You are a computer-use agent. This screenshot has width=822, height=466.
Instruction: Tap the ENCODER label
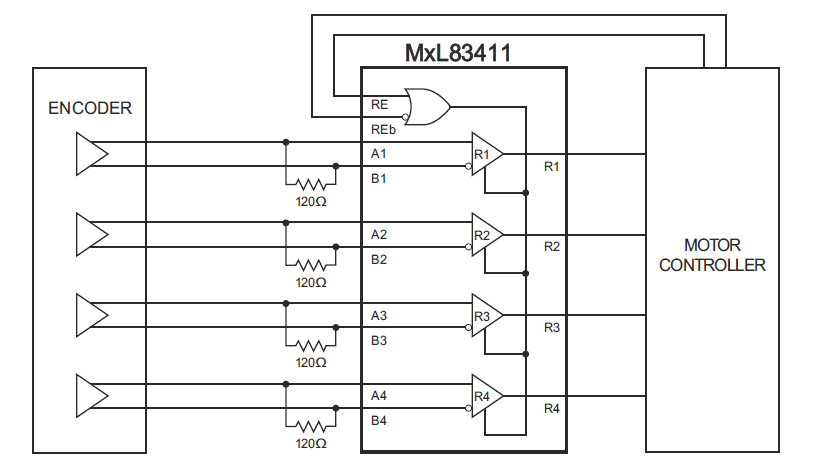tap(90, 108)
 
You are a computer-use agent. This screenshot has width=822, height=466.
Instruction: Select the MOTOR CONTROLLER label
tap(712, 255)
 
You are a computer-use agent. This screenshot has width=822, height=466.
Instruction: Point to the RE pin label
tap(378, 102)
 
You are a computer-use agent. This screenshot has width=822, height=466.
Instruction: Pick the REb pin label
tap(380, 129)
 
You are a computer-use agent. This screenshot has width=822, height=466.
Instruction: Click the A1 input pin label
tap(378, 154)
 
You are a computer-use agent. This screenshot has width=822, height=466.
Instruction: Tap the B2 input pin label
tap(378, 260)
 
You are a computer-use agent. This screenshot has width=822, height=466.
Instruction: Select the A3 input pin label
tap(378, 315)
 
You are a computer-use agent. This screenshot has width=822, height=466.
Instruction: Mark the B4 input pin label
tap(378, 420)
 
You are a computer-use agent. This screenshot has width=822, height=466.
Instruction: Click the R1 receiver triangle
tap(487, 155)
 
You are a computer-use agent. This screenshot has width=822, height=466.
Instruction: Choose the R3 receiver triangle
tap(487, 316)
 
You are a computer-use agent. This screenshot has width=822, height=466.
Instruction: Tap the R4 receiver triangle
tap(487, 397)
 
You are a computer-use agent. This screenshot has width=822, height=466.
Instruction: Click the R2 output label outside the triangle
tap(551, 246)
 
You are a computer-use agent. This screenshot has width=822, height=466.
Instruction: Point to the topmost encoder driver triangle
tap(91, 154)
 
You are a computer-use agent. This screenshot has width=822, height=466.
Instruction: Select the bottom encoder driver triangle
tap(91, 396)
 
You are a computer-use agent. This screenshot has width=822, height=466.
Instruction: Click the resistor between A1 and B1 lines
tap(311, 184)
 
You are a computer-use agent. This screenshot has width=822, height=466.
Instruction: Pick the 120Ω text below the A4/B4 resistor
tap(311, 443)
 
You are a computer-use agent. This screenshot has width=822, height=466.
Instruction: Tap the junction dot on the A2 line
tap(286, 222)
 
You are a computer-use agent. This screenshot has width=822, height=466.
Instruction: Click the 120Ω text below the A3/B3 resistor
tap(311, 362)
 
